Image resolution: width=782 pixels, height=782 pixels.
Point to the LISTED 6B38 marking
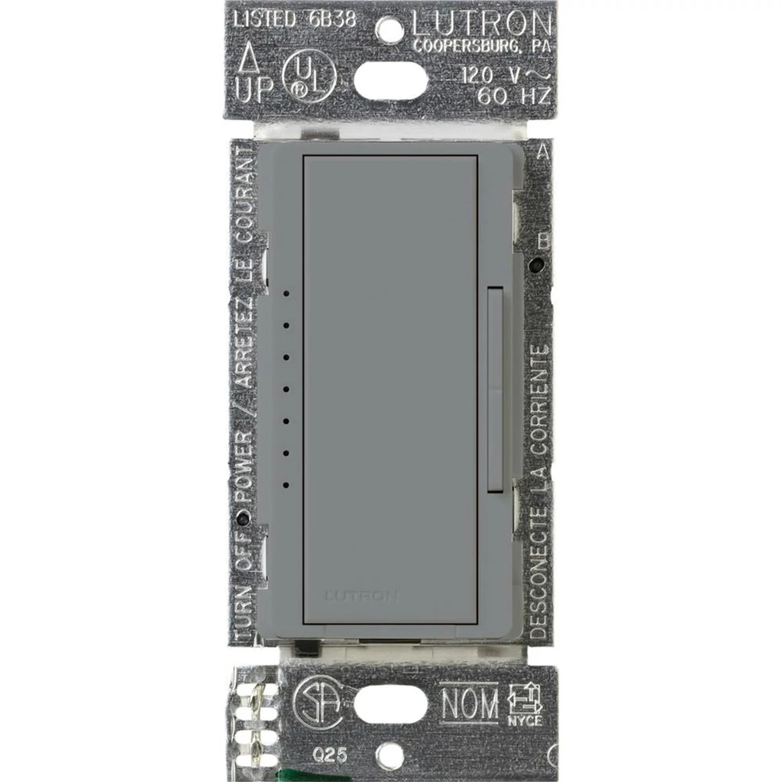coord(294,21)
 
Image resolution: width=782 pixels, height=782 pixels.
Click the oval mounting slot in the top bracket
coord(390,76)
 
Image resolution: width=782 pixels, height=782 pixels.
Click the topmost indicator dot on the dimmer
coord(286,292)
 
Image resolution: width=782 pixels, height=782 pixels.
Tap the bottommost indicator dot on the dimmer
coord(286,484)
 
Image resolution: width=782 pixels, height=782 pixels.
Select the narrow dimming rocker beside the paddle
coord(495,389)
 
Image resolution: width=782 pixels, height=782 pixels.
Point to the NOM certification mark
coord(469,703)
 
